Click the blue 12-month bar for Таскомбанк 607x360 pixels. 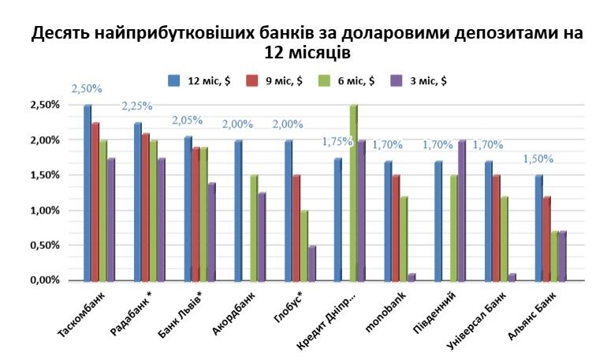(x=88, y=193)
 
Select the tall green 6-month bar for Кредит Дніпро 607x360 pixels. (x=352, y=193)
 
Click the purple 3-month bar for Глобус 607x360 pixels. (x=311, y=263)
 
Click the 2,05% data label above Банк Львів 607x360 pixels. (x=187, y=121)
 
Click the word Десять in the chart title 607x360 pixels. (x=60, y=34)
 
